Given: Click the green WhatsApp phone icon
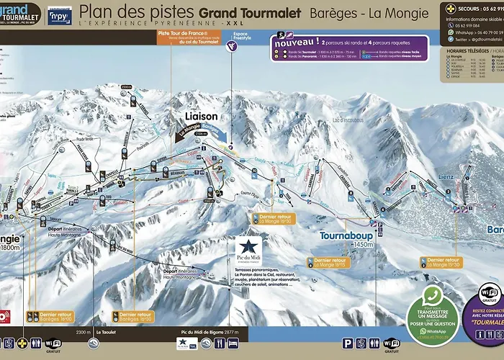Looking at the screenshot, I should [432, 295].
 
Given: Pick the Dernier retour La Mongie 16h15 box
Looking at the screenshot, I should [329, 262].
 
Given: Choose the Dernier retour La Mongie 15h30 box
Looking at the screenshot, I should [441, 262].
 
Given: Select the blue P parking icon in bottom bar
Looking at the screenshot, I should [348, 344].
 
